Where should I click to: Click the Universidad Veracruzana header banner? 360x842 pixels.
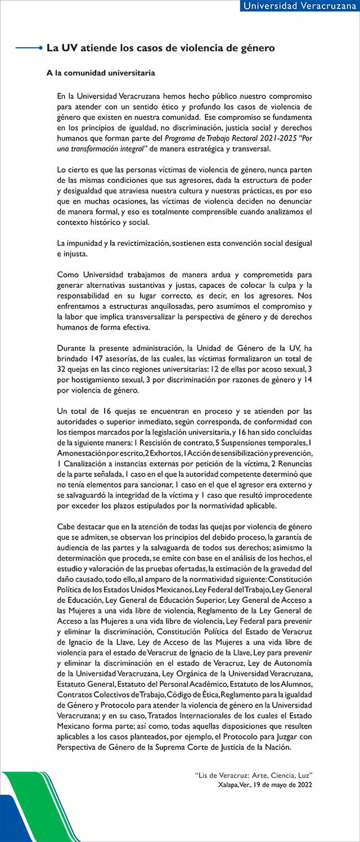(x=298, y=6)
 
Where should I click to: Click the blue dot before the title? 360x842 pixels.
(x=41, y=49)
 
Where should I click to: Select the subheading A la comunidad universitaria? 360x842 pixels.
(x=101, y=73)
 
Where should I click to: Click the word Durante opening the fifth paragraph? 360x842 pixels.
(x=74, y=348)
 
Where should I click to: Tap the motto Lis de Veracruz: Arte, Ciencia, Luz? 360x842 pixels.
(x=253, y=775)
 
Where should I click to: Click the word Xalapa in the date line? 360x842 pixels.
(x=229, y=784)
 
